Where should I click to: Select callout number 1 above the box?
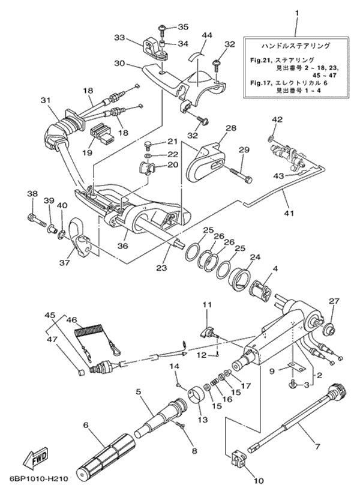coord(296,13)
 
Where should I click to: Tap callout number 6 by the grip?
coord(86,426)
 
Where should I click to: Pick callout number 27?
coord(334,301)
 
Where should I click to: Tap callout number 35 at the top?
coord(184,26)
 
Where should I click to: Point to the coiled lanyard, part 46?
coord(88,331)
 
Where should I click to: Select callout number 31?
coord(44,100)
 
